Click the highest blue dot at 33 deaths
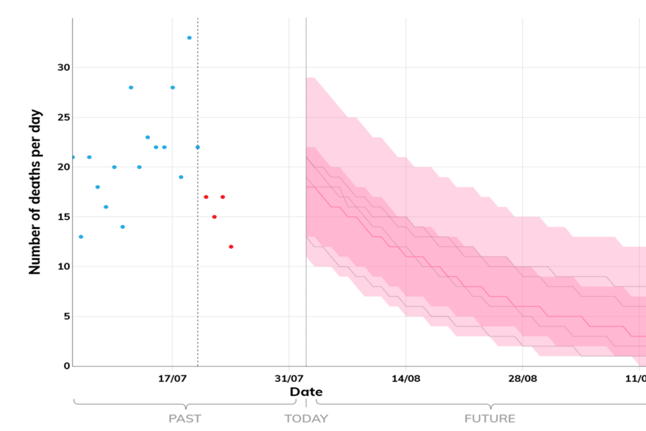pyautogui.click(x=189, y=38)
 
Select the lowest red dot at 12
pyautogui.click(x=231, y=246)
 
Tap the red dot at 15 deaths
pyautogui.click(x=214, y=217)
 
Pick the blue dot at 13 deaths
pyautogui.click(x=81, y=236)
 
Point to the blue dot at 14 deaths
pyautogui.click(x=122, y=227)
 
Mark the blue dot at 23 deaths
pyautogui.click(x=147, y=137)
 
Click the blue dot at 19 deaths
pyautogui.click(x=181, y=177)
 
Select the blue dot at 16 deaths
pyautogui.click(x=106, y=207)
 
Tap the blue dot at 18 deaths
pyautogui.click(x=98, y=187)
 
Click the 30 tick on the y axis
pyautogui.click(x=63, y=68)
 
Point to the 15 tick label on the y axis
pyautogui.click(x=63, y=217)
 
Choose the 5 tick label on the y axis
pyautogui.click(x=66, y=317)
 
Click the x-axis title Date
pyautogui.click(x=306, y=392)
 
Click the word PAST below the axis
pyautogui.click(x=184, y=419)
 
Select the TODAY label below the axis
pyautogui.click(x=306, y=419)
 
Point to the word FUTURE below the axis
pyautogui.click(x=490, y=419)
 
